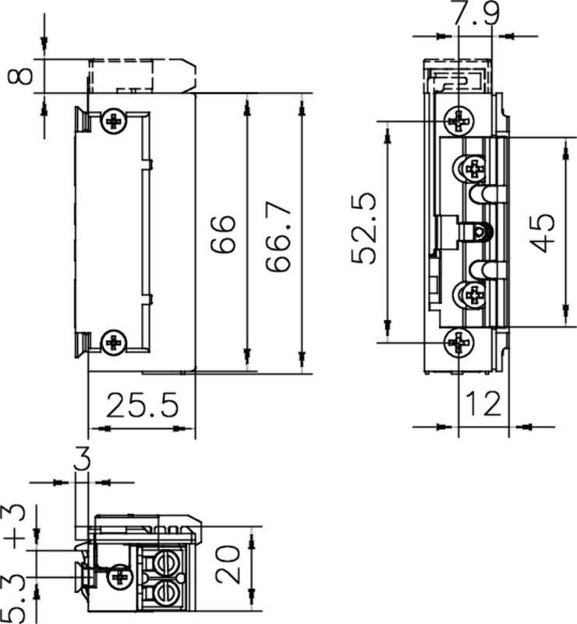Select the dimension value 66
[224, 236]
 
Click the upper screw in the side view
[115, 121]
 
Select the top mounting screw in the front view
[459, 120]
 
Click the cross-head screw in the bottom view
[119, 576]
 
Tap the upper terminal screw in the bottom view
[167, 562]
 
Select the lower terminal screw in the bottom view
[167, 592]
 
